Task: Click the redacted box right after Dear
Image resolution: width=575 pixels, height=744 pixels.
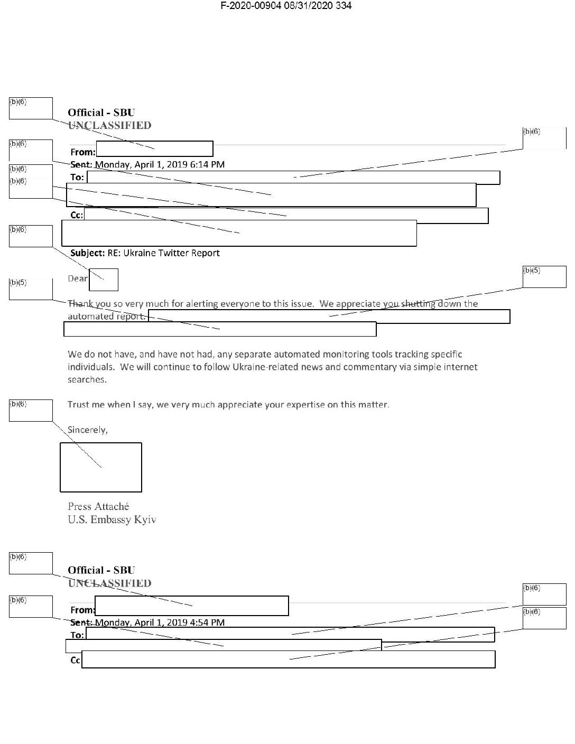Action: (104, 280)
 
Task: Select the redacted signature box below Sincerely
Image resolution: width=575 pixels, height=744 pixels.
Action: (101, 467)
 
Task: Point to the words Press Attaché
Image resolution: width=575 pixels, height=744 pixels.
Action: (98, 506)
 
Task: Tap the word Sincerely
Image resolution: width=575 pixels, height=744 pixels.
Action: (87, 430)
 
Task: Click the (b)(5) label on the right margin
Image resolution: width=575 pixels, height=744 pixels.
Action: (532, 271)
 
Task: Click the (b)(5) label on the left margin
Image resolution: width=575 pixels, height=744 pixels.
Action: (18, 283)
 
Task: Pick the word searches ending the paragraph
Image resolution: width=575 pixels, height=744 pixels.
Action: (87, 379)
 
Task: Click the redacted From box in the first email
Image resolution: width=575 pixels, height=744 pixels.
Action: (154, 149)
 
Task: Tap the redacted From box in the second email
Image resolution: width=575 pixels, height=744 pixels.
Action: (192, 606)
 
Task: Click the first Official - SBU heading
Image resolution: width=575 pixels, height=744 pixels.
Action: (101, 112)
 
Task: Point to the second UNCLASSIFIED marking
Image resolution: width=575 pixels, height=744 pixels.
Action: (109, 583)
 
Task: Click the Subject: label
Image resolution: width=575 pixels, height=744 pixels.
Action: (87, 253)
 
